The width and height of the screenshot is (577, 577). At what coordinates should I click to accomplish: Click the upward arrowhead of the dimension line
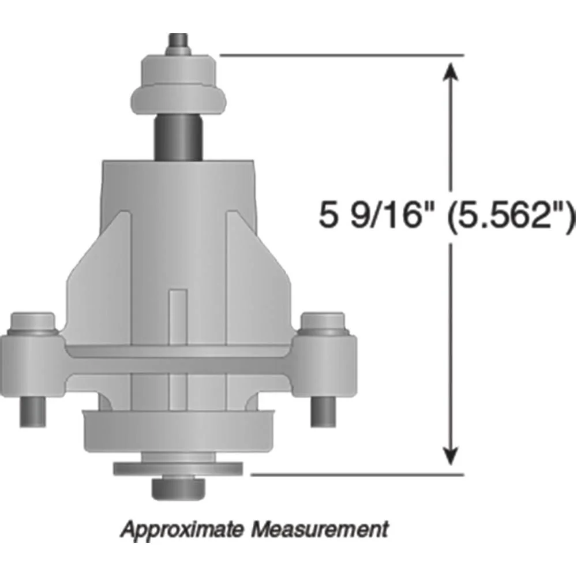(x=451, y=72)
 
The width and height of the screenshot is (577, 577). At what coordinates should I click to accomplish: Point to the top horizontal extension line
(x=340, y=55)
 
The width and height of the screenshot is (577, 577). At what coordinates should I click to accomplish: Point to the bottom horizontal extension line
(x=358, y=475)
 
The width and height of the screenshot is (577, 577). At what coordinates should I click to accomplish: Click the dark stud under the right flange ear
(x=324, y=411)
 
